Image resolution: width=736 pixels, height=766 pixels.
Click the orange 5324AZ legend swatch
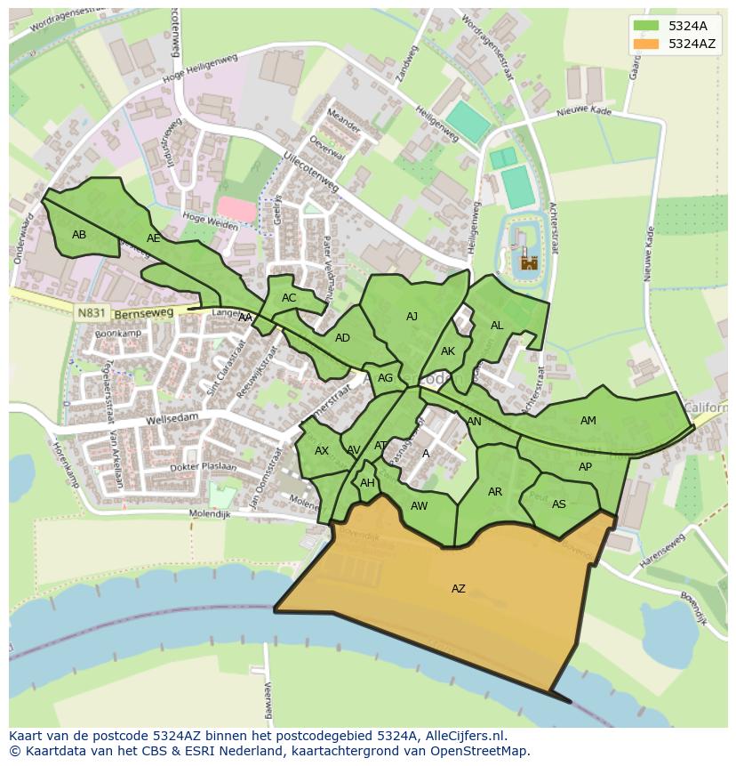pos(646,44)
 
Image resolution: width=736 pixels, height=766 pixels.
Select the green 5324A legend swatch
pos(646,26)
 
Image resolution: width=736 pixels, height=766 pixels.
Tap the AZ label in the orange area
pos(458,589)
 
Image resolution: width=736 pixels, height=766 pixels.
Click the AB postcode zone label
pos(79,235)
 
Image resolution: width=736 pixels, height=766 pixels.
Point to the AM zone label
pos(588,421)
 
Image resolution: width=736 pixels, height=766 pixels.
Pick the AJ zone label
pos(412,317)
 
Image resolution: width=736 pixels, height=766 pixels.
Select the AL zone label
pos(497,326)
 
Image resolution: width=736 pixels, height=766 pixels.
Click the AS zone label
pos(558,504)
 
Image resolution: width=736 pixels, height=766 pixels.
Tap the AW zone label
pos(419,506)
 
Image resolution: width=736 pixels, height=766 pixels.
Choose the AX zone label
pos(322,451)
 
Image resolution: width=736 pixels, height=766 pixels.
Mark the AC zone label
pos(289,298)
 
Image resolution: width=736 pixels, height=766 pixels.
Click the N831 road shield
pos(90,313)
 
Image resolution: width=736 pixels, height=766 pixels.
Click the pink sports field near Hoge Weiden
pos(236,210)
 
